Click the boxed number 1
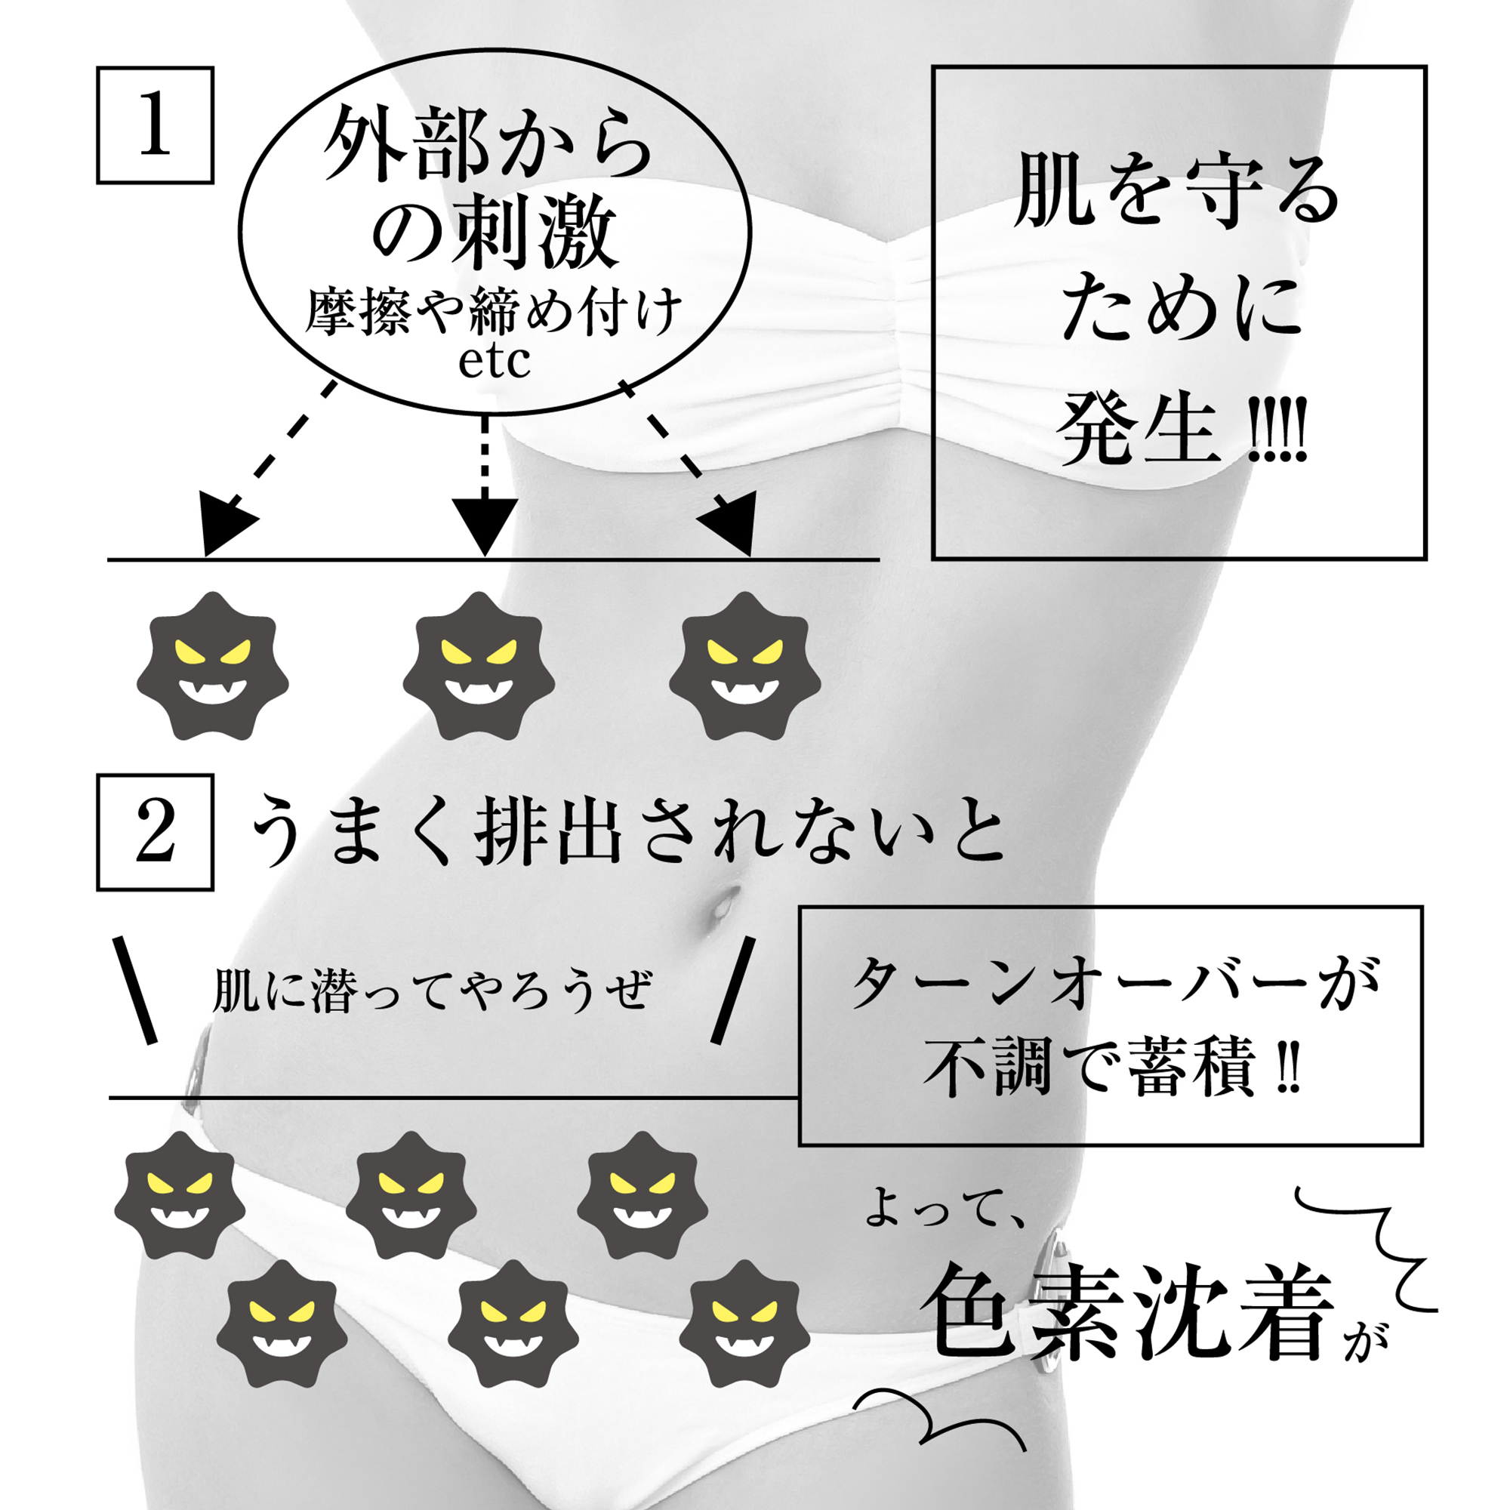[155, 125]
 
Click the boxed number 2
[155, 834]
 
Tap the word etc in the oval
[494, 361]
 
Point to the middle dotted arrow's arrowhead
[485, 525]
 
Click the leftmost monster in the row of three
[213, 666]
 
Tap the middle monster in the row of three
[479, 666]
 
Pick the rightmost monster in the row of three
[745, 666]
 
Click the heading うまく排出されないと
[628, 830]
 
